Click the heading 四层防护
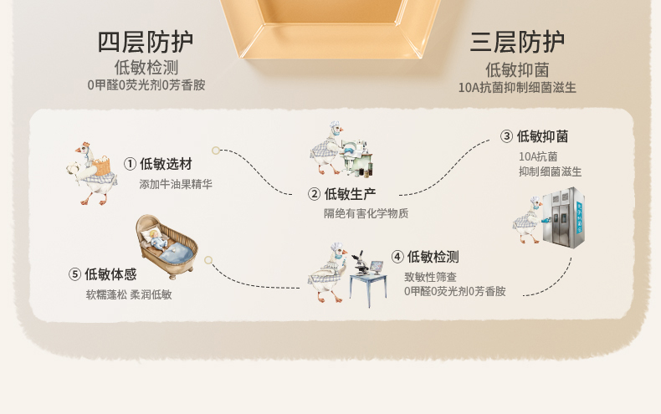click(x=146, y=42)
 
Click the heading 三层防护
click(x=517, y=42)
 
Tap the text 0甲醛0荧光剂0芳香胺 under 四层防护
click(x=146, y=84)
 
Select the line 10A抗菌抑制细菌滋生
click(x=517, y=87)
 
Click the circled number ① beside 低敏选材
click(x=130, y=164)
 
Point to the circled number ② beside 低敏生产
click(x=315, y=194)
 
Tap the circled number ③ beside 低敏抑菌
click(x=506, y=136)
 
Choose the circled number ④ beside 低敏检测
click(x=397, y=257)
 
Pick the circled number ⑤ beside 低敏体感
click(x=75, y=274)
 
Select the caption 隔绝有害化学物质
click(x=366, y=213)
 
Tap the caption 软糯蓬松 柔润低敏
click(x=128, y=294)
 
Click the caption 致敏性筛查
click(x=430, y=276)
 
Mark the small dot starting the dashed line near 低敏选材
click(x=216, y=151)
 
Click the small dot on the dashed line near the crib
click(x=206, y=258)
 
